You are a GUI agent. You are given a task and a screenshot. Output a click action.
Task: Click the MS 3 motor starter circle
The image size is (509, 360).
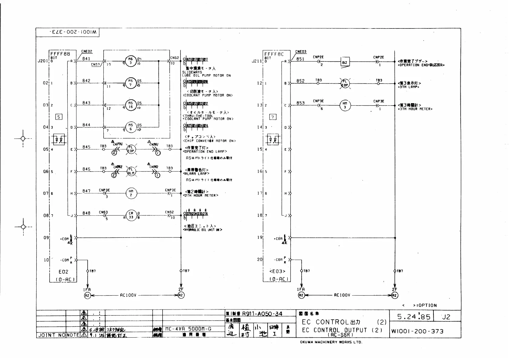point(131,61)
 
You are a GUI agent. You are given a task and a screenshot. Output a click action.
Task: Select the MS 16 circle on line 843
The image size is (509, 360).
point(131,105)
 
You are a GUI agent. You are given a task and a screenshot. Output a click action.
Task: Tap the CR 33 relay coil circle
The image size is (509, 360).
point(131,215)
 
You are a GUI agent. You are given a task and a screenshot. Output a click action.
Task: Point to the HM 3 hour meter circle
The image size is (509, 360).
point(345,105)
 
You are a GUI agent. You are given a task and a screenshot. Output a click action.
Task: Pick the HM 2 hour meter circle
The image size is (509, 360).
point(131,193)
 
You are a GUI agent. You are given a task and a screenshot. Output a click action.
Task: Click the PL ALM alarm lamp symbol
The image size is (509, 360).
point(131,172)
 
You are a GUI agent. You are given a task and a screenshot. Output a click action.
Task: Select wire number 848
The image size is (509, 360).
point(86,213)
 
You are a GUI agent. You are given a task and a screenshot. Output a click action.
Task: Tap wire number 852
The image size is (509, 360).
point(300,81)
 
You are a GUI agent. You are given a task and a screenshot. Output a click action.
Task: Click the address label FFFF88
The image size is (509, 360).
point(60,54)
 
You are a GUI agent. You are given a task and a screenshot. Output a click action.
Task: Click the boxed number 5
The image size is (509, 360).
point(59,117)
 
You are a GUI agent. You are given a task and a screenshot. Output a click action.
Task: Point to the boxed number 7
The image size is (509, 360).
point(273,117)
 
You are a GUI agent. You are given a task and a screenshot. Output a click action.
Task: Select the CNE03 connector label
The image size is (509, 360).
point(301,52)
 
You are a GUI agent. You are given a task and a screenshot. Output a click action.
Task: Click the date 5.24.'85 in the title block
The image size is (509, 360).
point(413,316)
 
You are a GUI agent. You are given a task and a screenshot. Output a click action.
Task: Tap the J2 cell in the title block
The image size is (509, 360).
point(446,317)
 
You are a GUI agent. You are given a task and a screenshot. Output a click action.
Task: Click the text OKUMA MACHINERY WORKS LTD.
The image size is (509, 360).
point(331,342)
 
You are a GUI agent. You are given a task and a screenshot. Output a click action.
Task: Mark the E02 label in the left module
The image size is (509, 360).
point(63,272)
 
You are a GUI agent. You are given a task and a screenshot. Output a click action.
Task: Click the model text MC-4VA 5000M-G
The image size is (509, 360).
point(188,329)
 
